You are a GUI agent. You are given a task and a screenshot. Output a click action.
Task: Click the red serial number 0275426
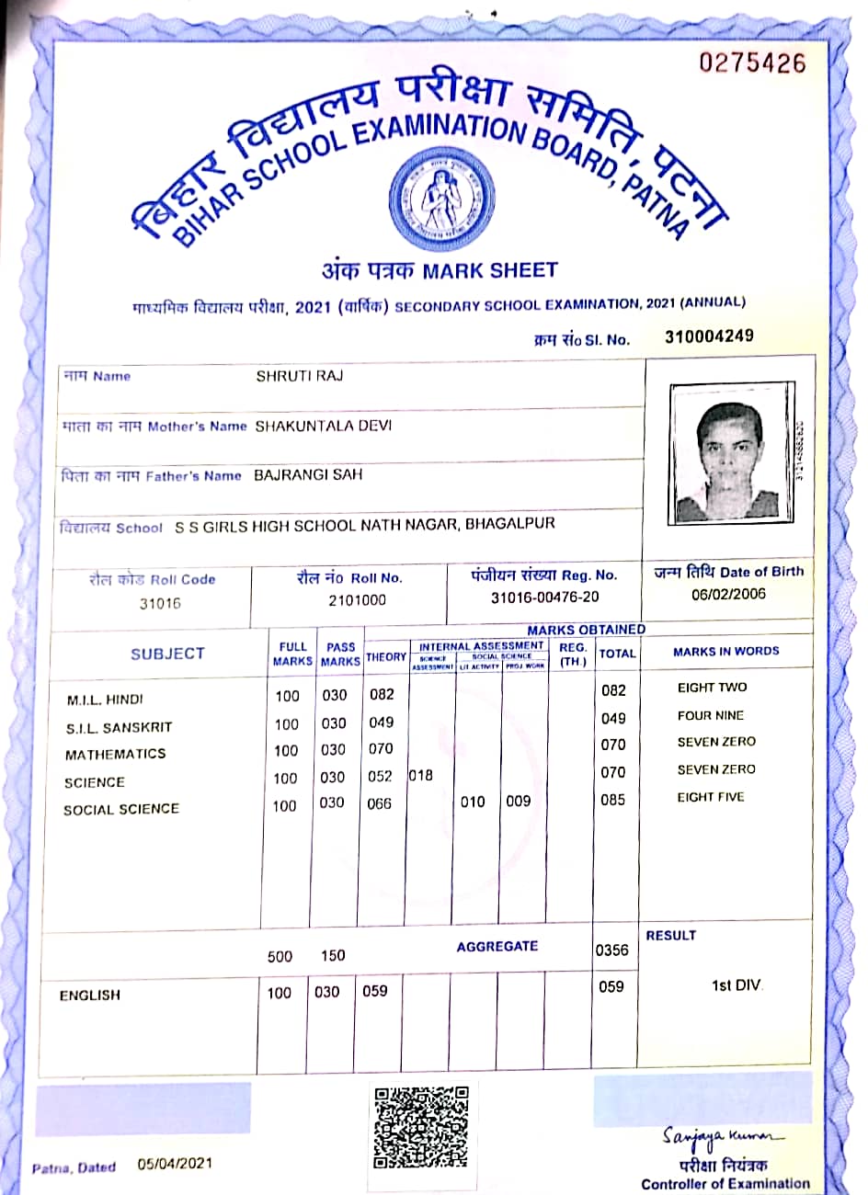(x=752, y=63)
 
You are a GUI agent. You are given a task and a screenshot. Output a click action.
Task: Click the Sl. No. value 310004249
(x=709, y=336)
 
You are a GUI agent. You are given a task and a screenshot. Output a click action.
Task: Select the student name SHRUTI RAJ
(x=299, y=376)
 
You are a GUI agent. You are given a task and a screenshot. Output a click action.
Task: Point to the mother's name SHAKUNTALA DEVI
(x=323, y=426)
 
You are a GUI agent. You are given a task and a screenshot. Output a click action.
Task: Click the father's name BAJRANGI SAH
(x=308, y=474)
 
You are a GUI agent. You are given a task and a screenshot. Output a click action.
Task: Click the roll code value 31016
(x=160, y=604)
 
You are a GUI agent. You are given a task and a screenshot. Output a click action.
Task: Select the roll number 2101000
(x=357, y=600)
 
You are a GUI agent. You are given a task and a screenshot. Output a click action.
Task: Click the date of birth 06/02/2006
(x=728, y=594)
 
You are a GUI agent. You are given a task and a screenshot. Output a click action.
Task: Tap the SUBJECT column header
(x=167, y=654)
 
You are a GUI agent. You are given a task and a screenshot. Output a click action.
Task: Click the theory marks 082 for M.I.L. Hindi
(x=382, y=695)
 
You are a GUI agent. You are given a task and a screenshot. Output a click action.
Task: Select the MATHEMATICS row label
(x=115, y=754)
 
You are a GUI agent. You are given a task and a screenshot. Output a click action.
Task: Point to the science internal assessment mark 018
(x=420, y=775)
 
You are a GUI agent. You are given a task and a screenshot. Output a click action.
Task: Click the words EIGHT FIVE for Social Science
(x=711, y=797)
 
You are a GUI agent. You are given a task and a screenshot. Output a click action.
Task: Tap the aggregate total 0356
(x=611, y=950)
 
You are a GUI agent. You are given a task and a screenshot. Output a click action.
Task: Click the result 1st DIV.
(x=737, y=985)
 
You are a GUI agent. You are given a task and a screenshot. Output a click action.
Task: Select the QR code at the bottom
(x=422, y=1127)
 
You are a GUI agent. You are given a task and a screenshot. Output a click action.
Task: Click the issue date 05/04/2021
(x=175, y=1163)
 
